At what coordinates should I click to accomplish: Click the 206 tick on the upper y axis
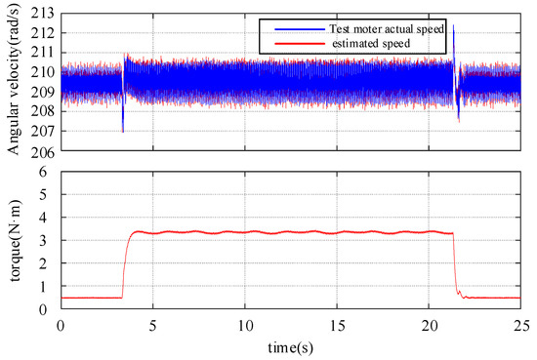(44, 151)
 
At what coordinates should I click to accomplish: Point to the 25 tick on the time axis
(519, 323)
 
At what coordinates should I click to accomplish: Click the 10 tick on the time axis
(244, 323)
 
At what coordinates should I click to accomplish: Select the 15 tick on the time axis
(337, 323)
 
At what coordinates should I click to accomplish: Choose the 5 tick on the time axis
(152, 323)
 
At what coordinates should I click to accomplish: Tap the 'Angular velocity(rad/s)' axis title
(13, 83)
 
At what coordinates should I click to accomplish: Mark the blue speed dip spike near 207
(123, 129)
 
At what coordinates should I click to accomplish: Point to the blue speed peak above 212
(453, 28)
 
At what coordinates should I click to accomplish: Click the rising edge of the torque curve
(125, 263)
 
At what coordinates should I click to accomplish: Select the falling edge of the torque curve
(455, 263)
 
